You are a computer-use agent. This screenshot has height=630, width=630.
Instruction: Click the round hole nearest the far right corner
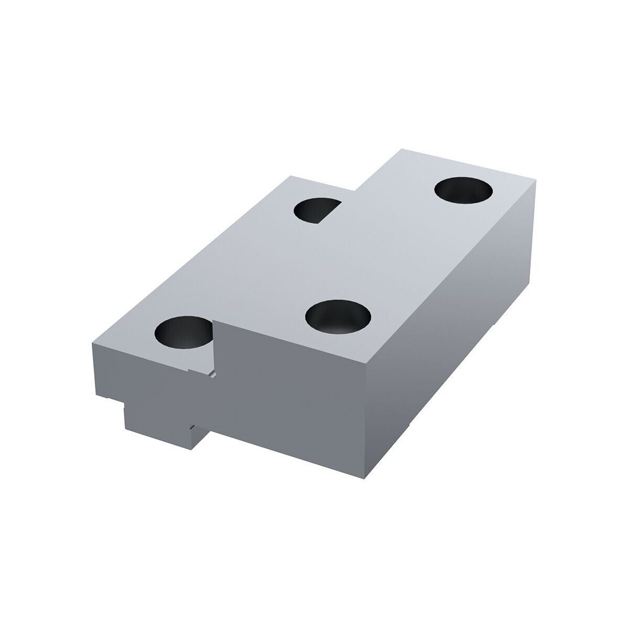(x=465, y=191)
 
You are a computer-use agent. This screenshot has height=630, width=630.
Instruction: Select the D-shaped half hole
(x=317, y=210)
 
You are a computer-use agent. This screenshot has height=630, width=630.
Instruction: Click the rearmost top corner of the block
(x=399, y=150)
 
